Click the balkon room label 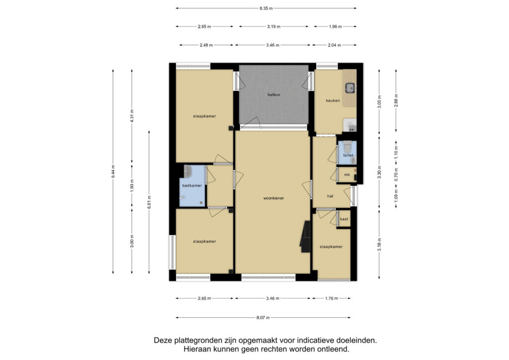pos(274,95)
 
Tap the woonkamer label pos(273,198)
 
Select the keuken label pos(333,100)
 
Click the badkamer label pos(192,185)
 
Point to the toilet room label pos(348,156)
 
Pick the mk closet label pos(347,175)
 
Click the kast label pos(344,219)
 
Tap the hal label pos(330,196)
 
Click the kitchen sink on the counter pos(350,88)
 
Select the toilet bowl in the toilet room pos(347,147)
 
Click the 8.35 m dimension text pos(266,8)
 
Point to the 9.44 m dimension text pos(113,172)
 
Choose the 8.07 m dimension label pos(263,318)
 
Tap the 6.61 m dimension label pos(149,202)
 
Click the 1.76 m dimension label pos(332,298)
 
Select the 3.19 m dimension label pos(274,27)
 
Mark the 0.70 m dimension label pos(396,175)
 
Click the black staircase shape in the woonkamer pos(305,237)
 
